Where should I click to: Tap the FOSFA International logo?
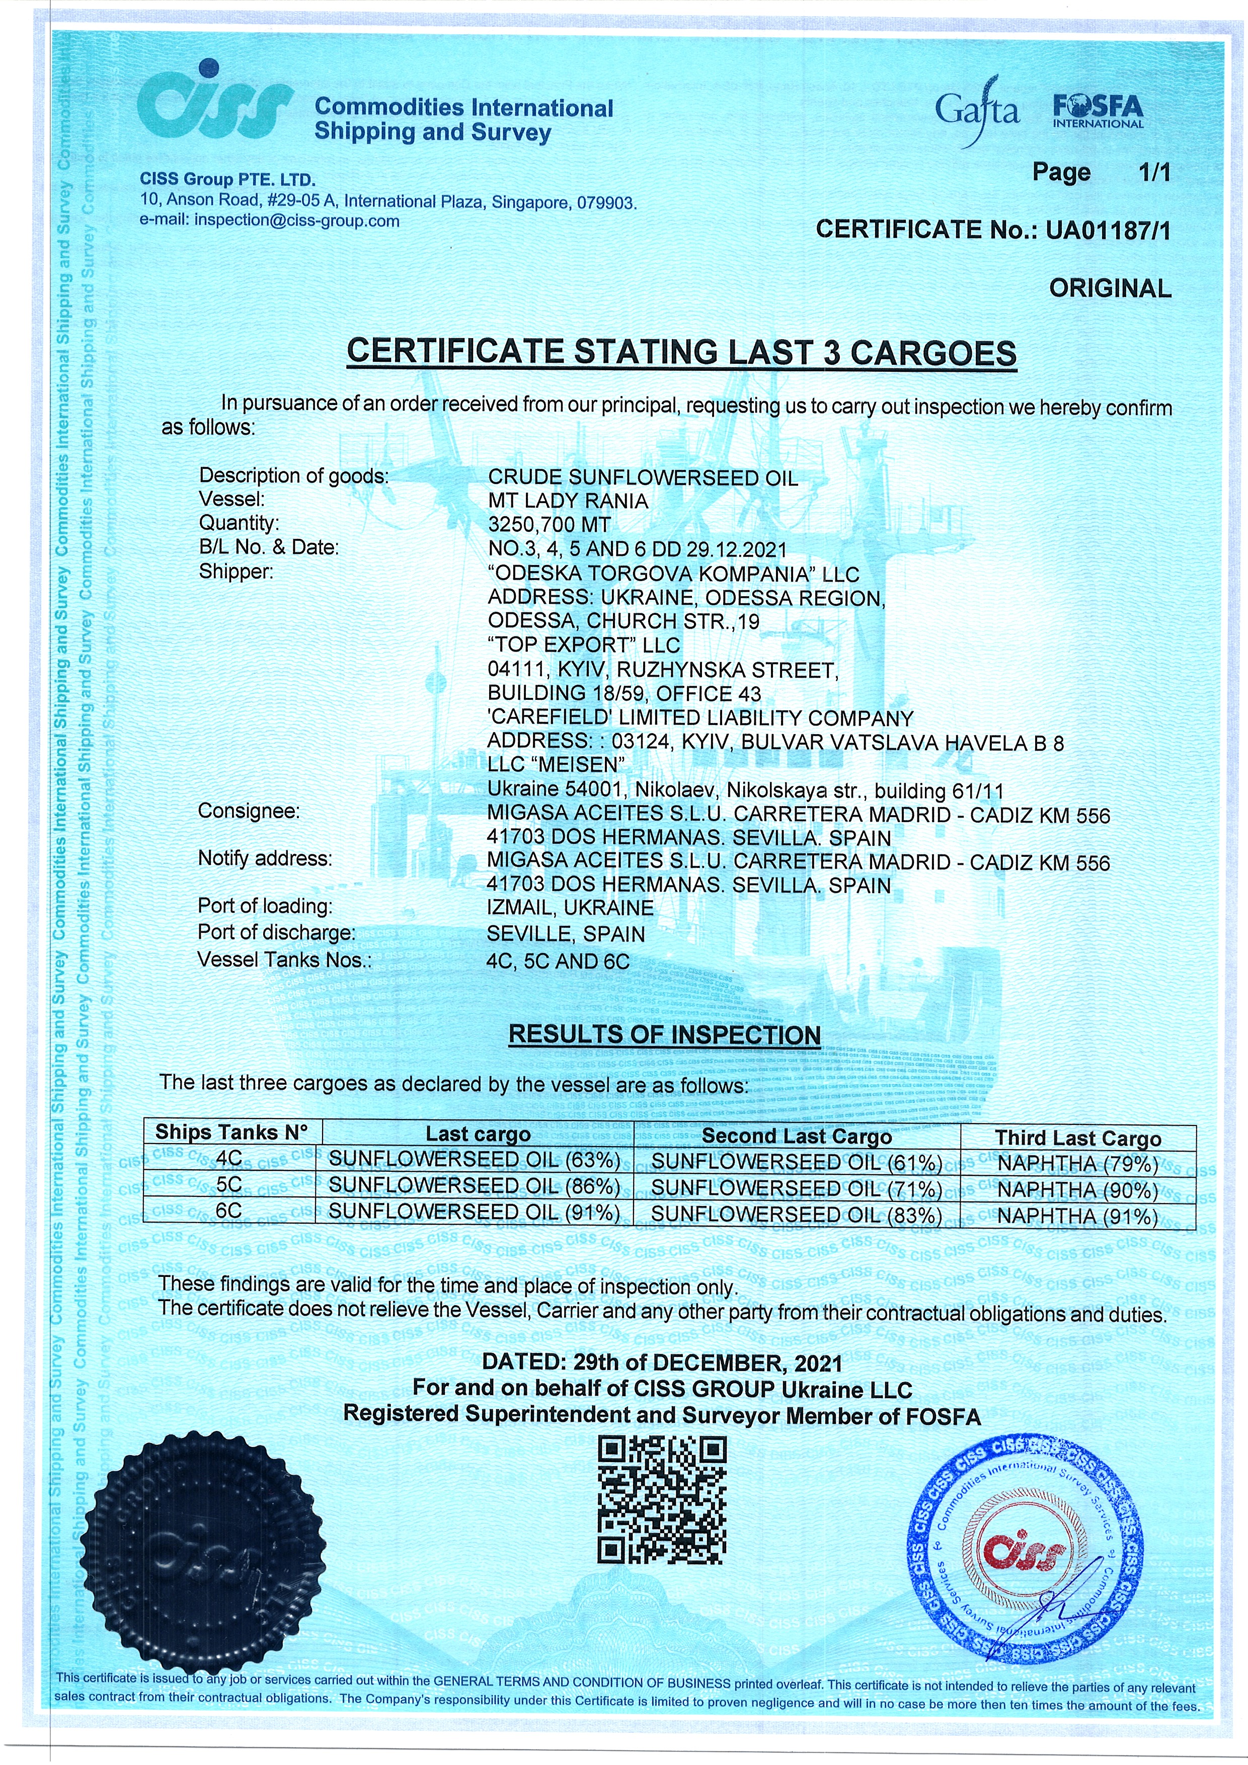coord(1098,112)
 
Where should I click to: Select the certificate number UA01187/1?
coord(1107,230)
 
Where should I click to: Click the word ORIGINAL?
coord(1110,289)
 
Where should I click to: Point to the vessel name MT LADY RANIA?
coord(568,501)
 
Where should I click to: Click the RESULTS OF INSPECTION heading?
coord(664,1035)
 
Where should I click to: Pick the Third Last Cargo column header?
coord(1077,1138)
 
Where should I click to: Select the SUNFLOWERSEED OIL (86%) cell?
coord(475,1186)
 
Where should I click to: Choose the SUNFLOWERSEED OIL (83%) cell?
coord(796,1216)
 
